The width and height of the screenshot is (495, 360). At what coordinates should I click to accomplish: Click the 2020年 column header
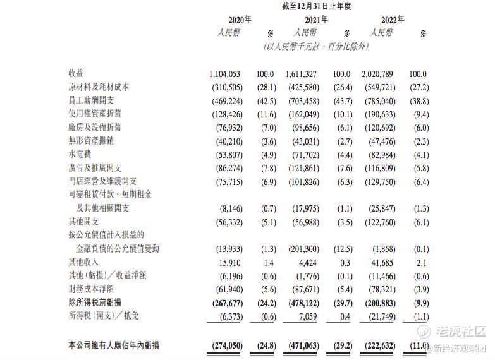238,20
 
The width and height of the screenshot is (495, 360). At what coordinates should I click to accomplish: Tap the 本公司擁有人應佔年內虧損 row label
114,345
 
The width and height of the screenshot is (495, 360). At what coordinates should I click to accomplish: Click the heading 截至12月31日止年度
317,6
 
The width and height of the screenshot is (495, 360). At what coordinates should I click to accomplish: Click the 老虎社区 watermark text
461,332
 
